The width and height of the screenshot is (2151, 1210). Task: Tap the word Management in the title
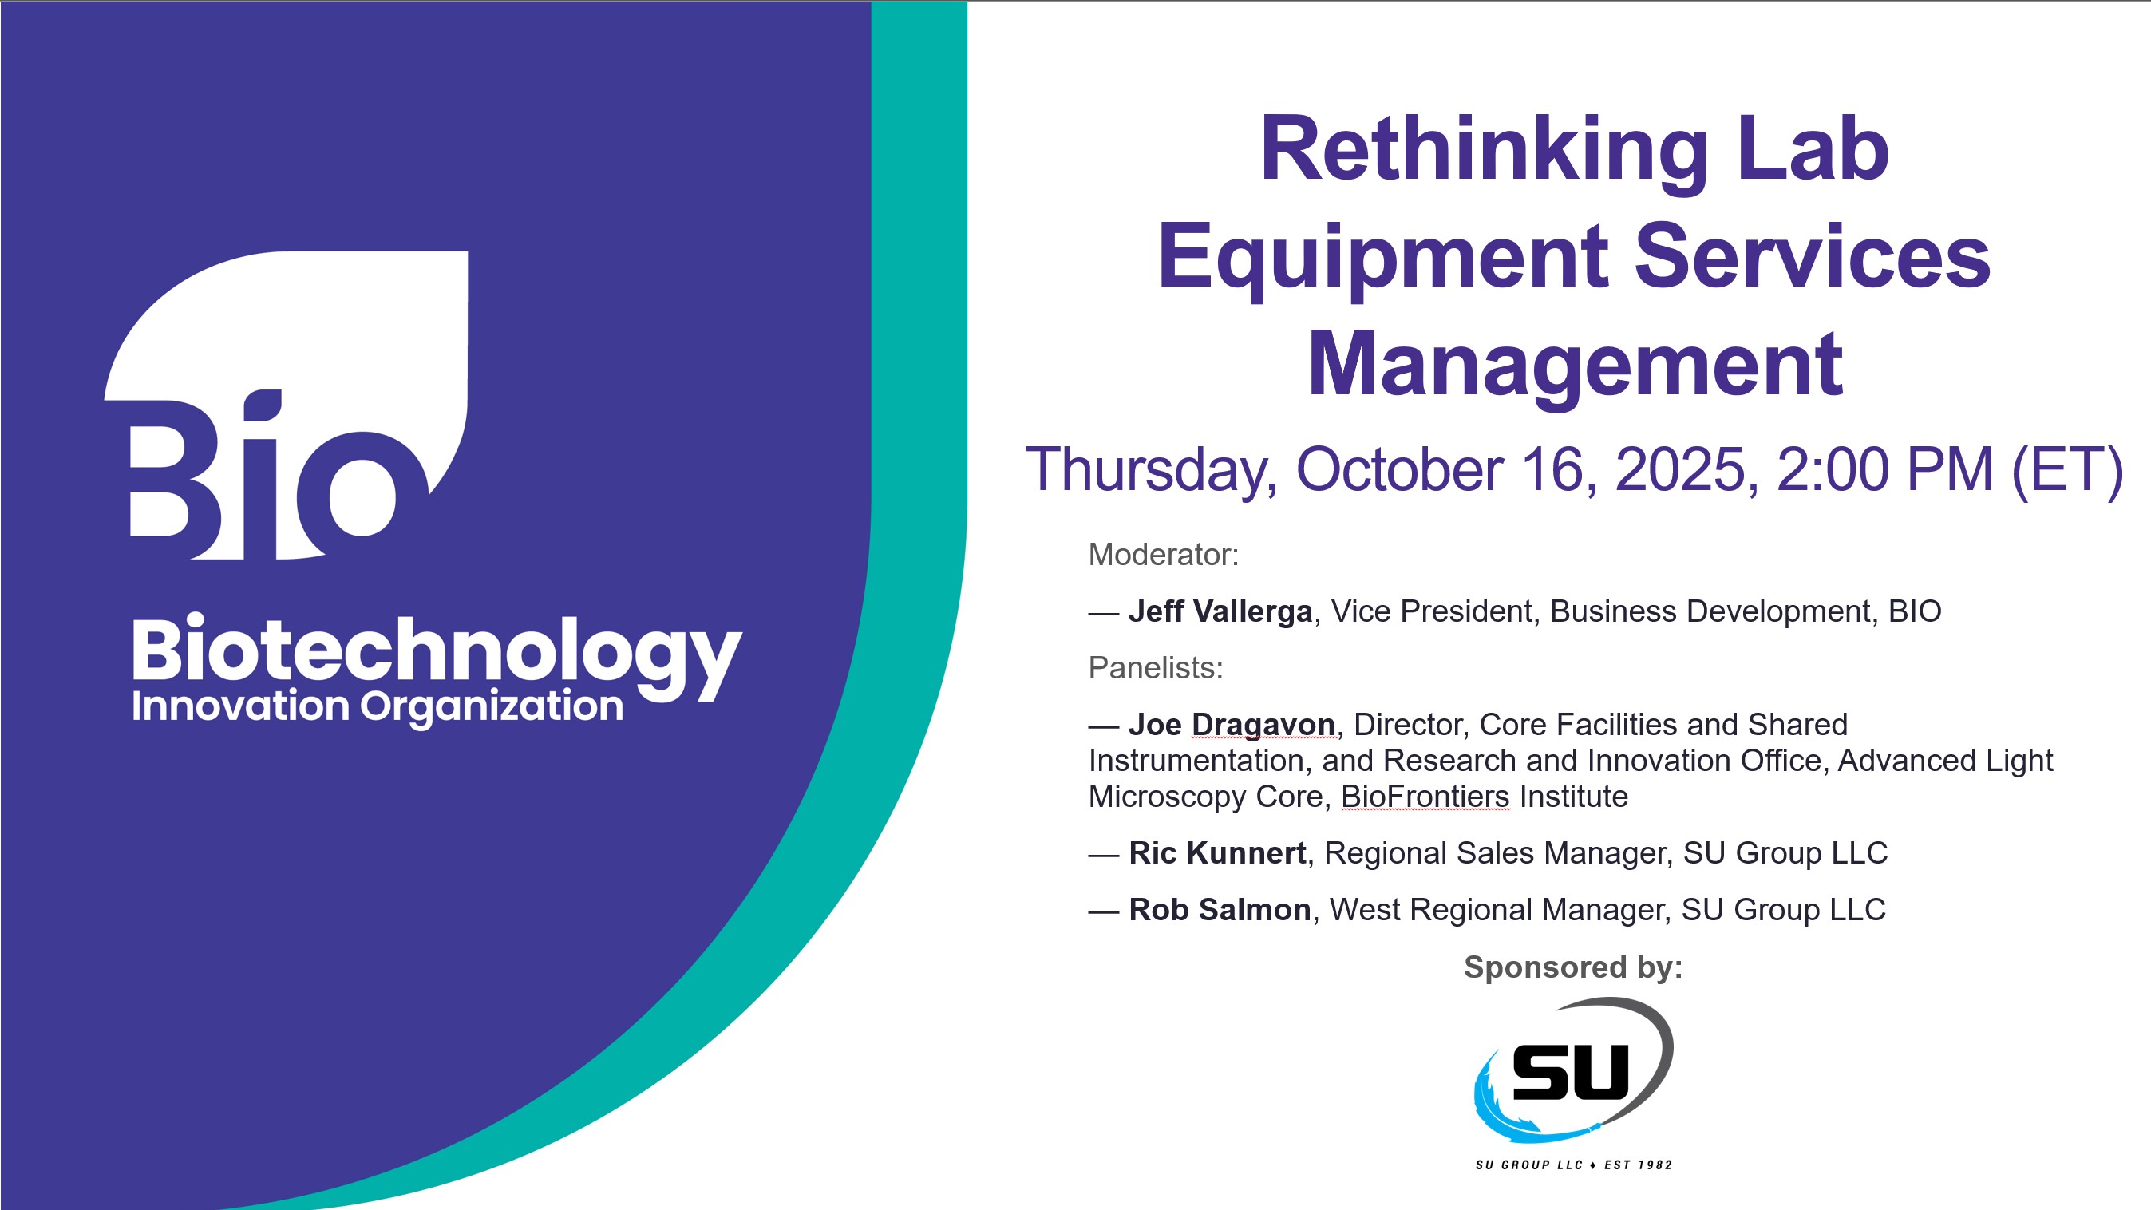pyautogui.click(x=1575, y=365)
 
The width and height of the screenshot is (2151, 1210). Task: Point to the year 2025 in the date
pyautogui.click(x=1686, y=469)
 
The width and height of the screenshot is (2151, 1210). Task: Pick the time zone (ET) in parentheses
pyautogui.click(x=2066, y=469)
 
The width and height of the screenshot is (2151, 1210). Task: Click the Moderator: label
pyautogui.click(x=1163, y=555)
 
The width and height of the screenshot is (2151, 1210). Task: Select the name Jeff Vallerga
pyautogui.click(x=1220, y=611)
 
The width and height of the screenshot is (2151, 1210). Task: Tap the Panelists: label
pyautogui.click(x=1156, y=668)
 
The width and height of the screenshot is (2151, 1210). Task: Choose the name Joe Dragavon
pyautogui.click(x=1232, y=725)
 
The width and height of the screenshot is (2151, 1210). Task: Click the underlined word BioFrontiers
pyautogui.click(x=1425, y=797)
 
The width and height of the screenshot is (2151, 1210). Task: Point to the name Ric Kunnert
pyautogui.click(x=1217, y=853)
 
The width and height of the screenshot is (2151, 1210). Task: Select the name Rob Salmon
pyautogui.click(x=1219, y=910)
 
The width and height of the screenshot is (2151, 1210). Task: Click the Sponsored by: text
pyautogui.click(x=1573, y=967)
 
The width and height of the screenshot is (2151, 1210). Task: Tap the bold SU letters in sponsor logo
pyautogui.click(x=1570, y=1072)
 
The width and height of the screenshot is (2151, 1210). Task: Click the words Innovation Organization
pyautogui.click(x=378, y=706)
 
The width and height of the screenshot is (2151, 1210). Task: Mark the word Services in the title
pyautogui.click(x=1811, y=256)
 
